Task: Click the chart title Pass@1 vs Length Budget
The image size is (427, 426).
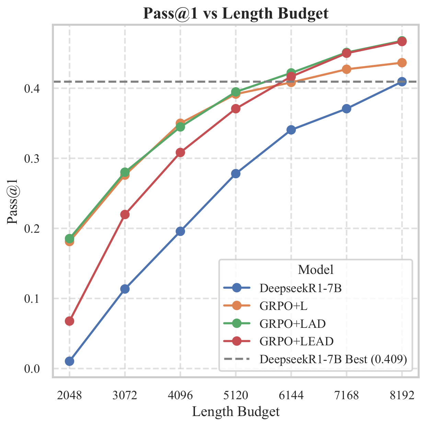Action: [235, 13]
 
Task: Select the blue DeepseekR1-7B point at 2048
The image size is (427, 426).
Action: [69, 361]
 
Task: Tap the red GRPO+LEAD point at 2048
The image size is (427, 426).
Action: [69, 321]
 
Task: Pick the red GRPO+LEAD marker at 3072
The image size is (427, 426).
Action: [125, 215]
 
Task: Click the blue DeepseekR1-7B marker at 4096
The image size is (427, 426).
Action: [180, 231]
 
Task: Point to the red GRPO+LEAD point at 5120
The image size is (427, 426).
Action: [236, 109]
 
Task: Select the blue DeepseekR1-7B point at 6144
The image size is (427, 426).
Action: [291, 130]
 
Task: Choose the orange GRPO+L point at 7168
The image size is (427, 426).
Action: [347, 69]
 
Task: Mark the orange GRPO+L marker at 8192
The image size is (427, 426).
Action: [402, 63]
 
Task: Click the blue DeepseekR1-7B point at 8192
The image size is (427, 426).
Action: [402, 82]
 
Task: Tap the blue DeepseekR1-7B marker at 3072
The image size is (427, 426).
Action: [125, 289]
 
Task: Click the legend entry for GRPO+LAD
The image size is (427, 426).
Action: [275, 324]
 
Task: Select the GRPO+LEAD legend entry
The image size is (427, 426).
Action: [278, 341]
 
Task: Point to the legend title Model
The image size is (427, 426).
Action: [315, 270]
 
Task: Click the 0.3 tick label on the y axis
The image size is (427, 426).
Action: [32, 159]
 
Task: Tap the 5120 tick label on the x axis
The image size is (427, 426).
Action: [236, 395]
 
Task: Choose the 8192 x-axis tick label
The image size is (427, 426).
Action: [402, 395]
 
